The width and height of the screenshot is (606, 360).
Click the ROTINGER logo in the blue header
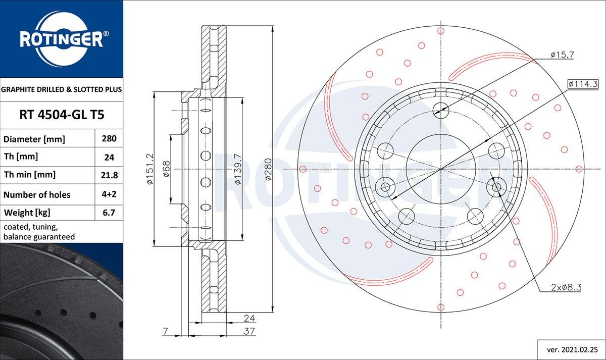61,38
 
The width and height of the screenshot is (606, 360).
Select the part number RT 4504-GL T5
62,115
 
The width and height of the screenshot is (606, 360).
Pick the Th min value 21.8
109,175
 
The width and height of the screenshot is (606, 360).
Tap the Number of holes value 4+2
109,194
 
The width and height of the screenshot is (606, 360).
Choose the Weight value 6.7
109,213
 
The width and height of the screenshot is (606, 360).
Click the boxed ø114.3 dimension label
583,83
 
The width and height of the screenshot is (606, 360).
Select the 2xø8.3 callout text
567,287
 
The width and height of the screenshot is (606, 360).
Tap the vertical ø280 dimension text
268,169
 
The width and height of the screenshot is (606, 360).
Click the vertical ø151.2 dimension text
150,169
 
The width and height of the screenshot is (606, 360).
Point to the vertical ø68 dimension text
166,169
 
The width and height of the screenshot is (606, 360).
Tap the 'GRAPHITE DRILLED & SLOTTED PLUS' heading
62,89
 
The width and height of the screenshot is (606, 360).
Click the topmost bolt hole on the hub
441,108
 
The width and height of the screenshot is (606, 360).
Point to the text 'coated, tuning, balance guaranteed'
39,232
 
